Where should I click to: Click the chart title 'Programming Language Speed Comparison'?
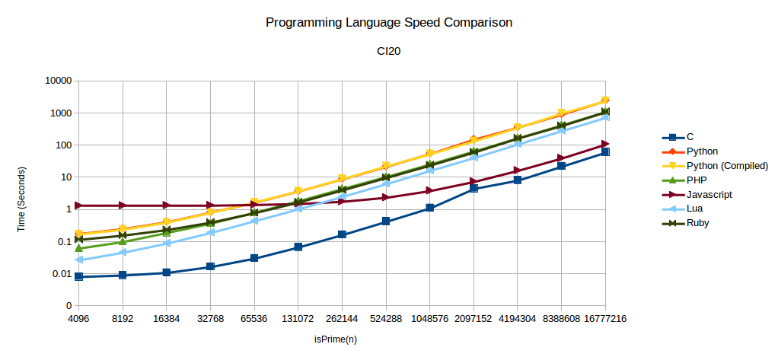388,23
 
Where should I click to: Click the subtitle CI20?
388,51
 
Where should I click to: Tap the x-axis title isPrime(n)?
342,337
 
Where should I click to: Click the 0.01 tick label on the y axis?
61,273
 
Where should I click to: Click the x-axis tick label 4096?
78,319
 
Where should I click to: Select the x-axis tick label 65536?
254,319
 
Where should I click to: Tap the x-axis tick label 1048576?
430,319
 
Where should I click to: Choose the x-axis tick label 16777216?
606,319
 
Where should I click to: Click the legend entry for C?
690,137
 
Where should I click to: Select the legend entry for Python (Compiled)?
727,166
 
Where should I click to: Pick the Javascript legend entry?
709,194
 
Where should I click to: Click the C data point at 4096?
78,277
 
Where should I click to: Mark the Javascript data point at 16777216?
606,144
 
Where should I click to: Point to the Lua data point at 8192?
123,253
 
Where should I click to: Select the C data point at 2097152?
473,188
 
